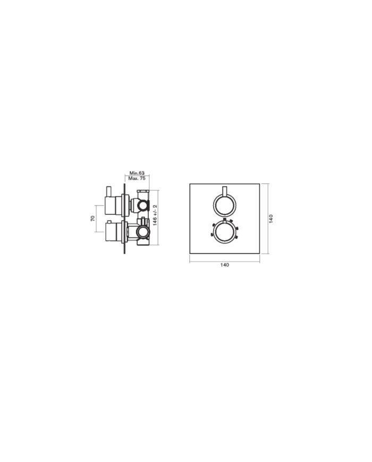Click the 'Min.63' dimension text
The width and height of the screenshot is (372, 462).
[x=137, y=173]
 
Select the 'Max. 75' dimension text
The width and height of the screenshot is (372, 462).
[x=137, y=179]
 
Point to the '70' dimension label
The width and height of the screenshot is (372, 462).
[x=92, y=218]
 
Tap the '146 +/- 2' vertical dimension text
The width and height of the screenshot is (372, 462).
[x=155, y=215]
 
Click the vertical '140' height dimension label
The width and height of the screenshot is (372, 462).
[x=271, y=219]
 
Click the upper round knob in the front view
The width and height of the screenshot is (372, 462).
[x=224, y=204]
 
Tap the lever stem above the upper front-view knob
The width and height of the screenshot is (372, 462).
[x=224, y=191]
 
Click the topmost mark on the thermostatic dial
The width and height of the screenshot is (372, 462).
[x=225, y=219]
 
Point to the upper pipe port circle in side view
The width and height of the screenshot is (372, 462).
[x=142, y=204]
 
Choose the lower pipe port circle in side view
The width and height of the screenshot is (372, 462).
[x=142, y=232]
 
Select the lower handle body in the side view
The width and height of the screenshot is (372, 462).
[x=113, y=231]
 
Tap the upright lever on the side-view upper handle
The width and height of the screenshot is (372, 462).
[x=108, y=191]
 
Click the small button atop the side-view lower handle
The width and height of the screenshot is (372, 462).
[x=108, y=221]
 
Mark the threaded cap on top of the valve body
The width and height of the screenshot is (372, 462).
[x=141, y=192]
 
